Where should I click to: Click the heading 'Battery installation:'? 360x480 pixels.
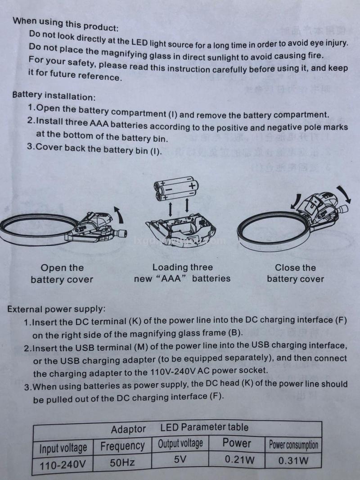(x=54, y=95)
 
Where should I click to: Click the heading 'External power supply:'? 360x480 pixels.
(x=56, y=309)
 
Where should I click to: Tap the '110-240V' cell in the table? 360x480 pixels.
(x=63, y=465)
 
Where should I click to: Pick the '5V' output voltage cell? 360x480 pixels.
(x=180, y=459)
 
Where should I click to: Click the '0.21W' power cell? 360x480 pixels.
(x=239, y=459)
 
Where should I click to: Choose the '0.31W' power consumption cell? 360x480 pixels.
(x=293, y=460)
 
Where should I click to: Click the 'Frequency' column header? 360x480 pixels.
(x=122, y=446)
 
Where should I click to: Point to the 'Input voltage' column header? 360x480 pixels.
(x=63, y=448)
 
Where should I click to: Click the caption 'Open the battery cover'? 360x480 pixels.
(x=62, y=273)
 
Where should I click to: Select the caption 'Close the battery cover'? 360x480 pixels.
(x=295, y=273)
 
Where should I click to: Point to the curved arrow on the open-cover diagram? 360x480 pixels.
(x=119, y=214)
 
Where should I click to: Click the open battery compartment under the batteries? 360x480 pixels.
(x=180, y=226)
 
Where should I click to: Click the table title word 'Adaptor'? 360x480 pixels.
(x=128, y=429)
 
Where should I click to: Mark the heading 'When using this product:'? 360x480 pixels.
(x=65, y=24)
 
